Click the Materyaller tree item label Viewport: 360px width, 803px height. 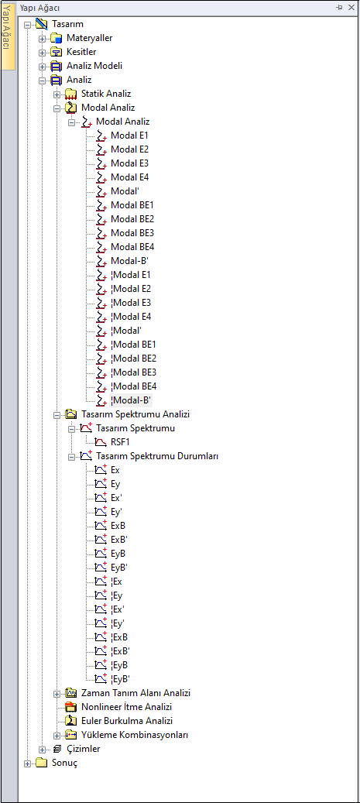[89, 38]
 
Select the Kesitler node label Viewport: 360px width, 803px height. [81, 52]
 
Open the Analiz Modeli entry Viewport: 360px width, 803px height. [94, 66]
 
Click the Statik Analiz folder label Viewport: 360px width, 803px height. [106, 94]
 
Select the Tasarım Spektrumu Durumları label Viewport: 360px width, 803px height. [157, 456]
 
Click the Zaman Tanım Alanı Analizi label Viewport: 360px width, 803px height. [135, 693]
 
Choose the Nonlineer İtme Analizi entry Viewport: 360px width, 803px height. [126, 707]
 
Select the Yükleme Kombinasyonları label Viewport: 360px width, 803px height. [135, 735]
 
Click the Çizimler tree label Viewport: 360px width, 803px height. [83, 749]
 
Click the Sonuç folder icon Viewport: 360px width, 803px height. [42, 763]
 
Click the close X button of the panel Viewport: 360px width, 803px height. [351, 8]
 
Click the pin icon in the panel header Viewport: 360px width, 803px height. [339, 8]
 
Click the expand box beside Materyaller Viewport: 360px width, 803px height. [42, 39]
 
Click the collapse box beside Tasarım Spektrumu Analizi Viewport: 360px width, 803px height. [57, 414]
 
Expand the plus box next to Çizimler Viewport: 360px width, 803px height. [42, 750]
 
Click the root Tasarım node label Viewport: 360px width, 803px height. [67, 24]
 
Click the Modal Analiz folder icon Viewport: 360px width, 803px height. [71, 108]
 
